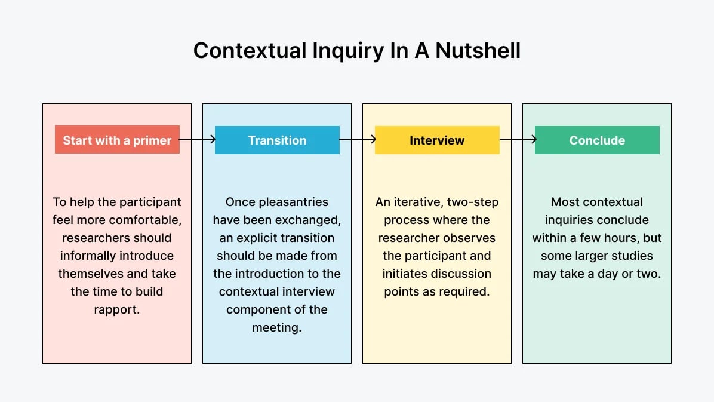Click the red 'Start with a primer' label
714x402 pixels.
pos(117,140)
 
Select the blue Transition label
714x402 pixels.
pos(277,140)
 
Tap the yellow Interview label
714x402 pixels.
pos(437,140)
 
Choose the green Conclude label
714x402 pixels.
pos(597,140)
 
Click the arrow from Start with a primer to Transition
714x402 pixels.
pos(197,140)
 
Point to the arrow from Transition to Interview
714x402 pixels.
pos(357,140)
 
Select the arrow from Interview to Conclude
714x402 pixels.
pos(518,140)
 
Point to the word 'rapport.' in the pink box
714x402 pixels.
pos(117,309)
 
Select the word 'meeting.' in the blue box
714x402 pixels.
pos(277,327)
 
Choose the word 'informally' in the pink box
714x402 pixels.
pos(87,256)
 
